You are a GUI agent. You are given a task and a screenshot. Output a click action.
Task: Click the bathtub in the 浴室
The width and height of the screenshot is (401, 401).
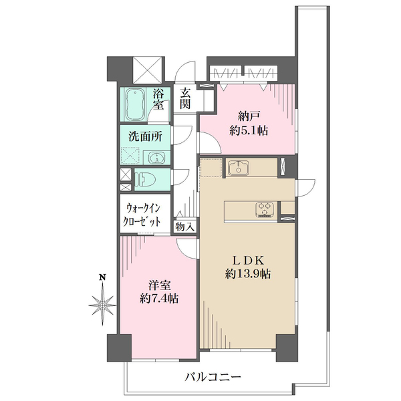[x=134, y=104]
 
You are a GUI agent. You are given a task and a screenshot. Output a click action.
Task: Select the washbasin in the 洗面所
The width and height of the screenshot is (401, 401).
[x=155, y=158]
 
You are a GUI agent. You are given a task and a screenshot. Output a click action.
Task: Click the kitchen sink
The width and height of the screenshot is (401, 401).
[x=239, y=168]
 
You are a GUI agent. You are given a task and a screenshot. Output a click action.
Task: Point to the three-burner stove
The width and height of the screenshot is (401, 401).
[x=265, y=209]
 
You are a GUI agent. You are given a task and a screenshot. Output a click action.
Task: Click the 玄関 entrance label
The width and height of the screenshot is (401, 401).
[x=185, y=98]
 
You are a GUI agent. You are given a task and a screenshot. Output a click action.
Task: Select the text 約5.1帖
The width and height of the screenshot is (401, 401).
[x=249, y=131]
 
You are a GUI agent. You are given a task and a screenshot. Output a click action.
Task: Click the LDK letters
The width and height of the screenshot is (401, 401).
[x=247, y=261]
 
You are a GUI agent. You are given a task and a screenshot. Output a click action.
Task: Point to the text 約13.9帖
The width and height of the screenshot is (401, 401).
[x=248, y=274]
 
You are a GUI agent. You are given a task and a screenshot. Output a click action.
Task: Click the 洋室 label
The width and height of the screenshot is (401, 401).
[x=160, y=285]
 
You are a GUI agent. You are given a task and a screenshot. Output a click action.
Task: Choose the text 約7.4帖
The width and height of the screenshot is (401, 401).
[x=159, y=299]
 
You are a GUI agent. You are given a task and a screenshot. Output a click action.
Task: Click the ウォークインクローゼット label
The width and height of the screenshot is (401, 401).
[x=142, y=215]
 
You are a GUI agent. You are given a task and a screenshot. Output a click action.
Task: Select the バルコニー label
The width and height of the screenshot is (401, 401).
[x=213, y=377]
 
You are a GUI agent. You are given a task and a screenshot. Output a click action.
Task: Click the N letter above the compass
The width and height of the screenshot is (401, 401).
[x=102, y=277]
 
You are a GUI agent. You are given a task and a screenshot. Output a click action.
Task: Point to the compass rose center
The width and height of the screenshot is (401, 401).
[x=102, y=305]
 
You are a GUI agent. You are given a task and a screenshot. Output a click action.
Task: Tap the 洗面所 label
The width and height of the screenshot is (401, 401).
[x=145, y=137]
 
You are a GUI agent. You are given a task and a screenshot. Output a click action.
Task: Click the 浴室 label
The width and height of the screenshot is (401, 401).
[x=158, y=99]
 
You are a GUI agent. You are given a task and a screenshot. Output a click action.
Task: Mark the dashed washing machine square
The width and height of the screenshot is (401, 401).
[x=130, y=156]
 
